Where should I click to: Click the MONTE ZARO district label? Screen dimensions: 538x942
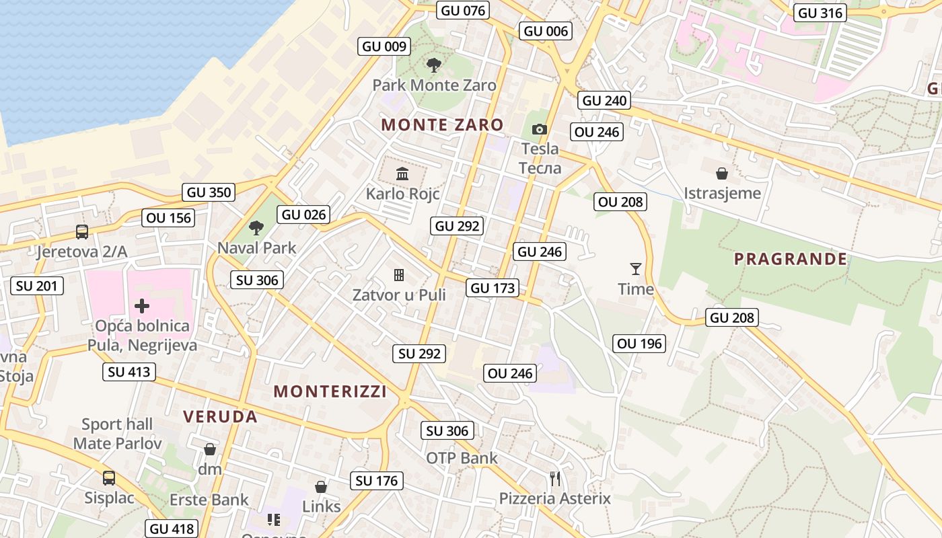tap(442, 124)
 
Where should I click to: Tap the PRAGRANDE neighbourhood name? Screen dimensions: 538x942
tap(790, 259)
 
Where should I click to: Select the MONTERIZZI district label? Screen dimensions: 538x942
tap(330, 391)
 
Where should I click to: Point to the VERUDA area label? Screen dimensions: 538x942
tap(221, 416)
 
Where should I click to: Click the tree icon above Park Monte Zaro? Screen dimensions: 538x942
tap(434, 65)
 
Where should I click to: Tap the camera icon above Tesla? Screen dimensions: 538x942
tap(539, 129)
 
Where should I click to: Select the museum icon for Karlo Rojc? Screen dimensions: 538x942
tap(402, 174)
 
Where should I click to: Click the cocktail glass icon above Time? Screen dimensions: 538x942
tap(636, 269)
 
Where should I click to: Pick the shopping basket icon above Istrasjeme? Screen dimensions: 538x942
tap(722, 174)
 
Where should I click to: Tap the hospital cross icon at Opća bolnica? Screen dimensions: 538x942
tap(142, 306)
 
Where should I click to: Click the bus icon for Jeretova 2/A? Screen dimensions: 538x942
tap(82, 232)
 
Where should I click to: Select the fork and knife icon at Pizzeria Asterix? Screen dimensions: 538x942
tap(555, 479)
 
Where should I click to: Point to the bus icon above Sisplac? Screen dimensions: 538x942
tap(109, 478)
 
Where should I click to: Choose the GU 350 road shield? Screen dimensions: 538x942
tap(209, 192)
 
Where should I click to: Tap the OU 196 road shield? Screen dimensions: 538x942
tap(640, 344)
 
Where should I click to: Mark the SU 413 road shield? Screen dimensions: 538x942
tap(129, 372)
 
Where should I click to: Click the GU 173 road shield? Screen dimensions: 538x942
tap(493, 288)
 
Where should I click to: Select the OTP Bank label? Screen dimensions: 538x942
tap(462, 458)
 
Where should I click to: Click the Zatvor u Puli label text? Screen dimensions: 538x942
tap(399, 295)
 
